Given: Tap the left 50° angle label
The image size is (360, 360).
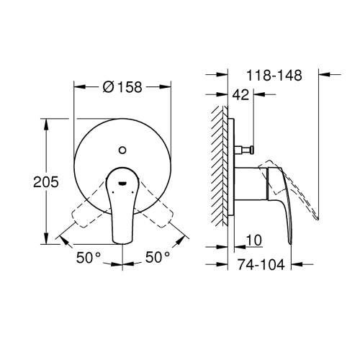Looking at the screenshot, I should click(88, 256).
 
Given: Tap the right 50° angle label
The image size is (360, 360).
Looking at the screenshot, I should click(157, 256).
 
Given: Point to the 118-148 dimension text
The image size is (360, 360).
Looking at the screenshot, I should click(274, 74).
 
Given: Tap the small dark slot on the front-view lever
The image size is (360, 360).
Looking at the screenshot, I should click(123, 183).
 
